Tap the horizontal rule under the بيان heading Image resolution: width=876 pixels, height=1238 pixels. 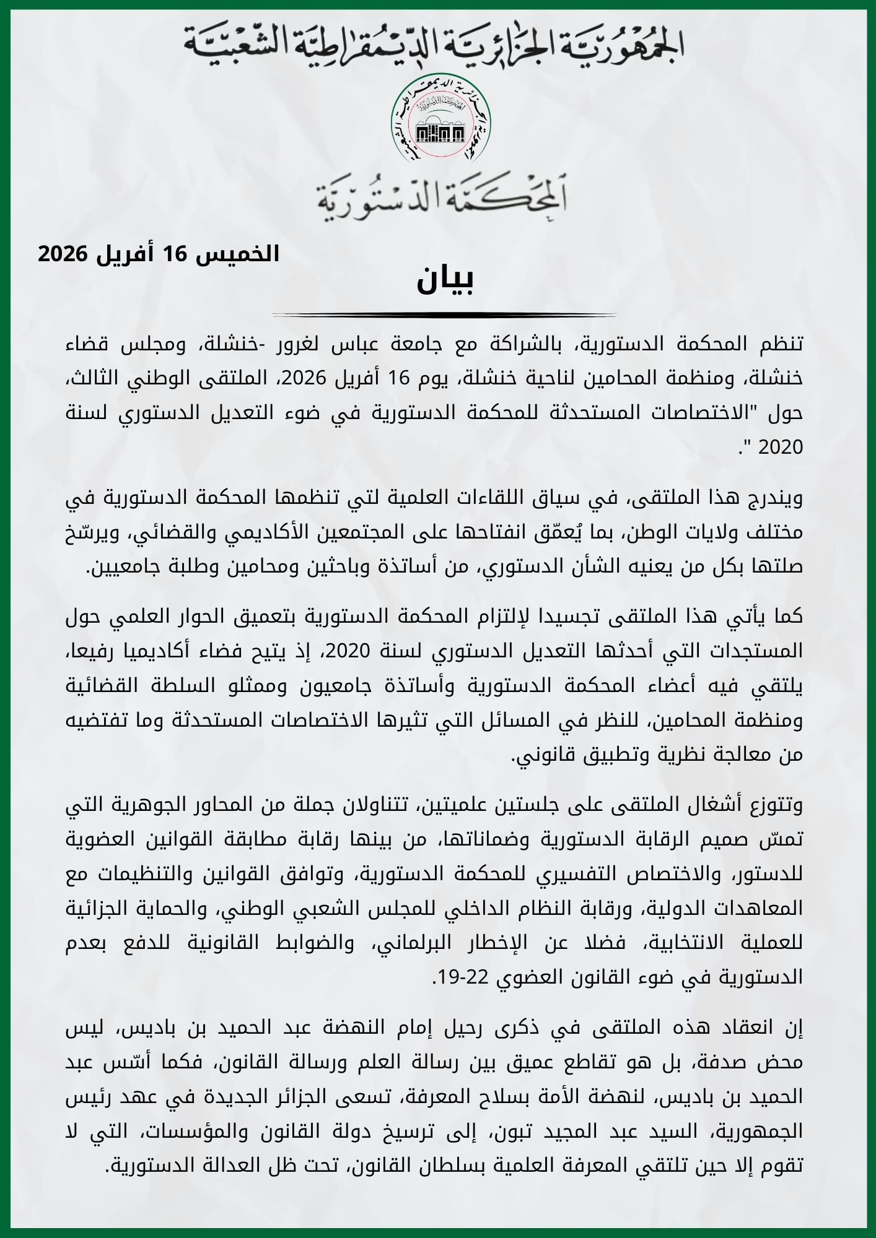444,315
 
